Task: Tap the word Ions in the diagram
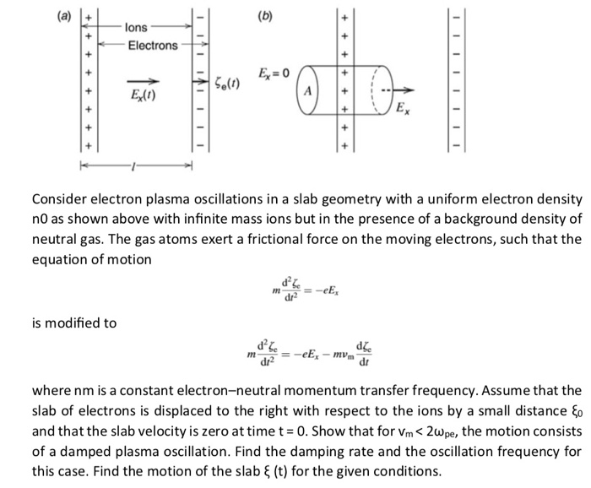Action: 137,28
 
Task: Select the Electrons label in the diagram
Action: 153,46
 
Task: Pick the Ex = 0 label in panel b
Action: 274,74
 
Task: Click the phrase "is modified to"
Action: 74,323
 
